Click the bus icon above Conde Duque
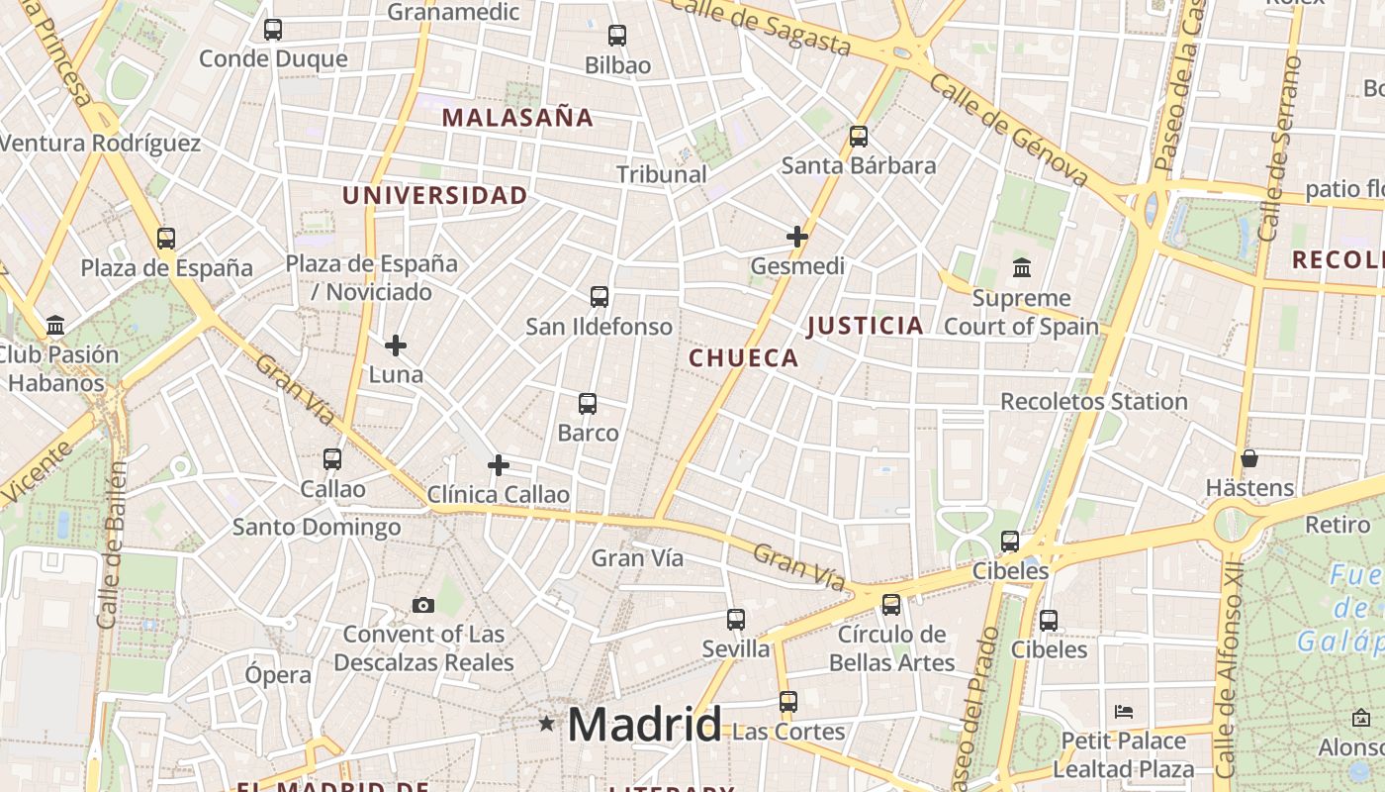coord(273,30)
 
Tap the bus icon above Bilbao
coord(617,36)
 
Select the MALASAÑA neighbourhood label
coord(517,118)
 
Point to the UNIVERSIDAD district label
coord(435,195)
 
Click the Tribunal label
coord(662,174)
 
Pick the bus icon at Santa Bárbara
coord(859,137)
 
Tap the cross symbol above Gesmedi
coord(797,237)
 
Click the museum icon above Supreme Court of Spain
coord(1021,268)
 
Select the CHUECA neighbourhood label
coord(744,358)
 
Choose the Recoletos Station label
coord(1094,401)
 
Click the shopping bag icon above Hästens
coord(1249,458)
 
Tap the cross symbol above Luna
coord(396,346)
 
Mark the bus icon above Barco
coord(588,404)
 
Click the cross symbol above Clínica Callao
coord(499,465)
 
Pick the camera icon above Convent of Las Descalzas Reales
coord(423,605)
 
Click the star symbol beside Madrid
coord(546,724)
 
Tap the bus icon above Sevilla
coord(736,620)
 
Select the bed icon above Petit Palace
coord(1123,711)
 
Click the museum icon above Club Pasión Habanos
coord(55,325)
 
